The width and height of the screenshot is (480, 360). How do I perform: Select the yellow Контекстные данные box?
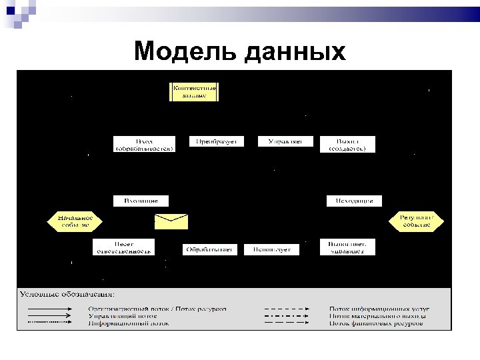pos(195,91)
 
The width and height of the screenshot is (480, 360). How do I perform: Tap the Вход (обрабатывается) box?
pos(144,145)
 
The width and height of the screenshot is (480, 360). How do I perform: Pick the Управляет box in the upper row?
pos(285,141)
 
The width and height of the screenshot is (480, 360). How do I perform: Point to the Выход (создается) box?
pos(347,145)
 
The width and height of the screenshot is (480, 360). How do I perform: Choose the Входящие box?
pos(141,200)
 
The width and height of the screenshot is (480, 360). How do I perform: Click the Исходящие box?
pos(354,200)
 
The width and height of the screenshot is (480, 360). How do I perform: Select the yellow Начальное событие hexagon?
pos(73,221)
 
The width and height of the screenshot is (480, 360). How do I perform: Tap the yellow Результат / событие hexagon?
pos(417,221)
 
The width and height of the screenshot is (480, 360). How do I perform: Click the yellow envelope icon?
pos(171,222)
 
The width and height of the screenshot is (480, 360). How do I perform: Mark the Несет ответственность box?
pos(123,247)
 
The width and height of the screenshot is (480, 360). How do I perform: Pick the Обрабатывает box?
pos(209,249)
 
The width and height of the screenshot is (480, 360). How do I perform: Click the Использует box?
pos(271,249)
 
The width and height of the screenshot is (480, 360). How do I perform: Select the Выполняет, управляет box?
pos(347,247)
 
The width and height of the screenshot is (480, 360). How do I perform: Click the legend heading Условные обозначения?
pos(67,293)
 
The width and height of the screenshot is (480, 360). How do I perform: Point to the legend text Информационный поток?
pos(129,324)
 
